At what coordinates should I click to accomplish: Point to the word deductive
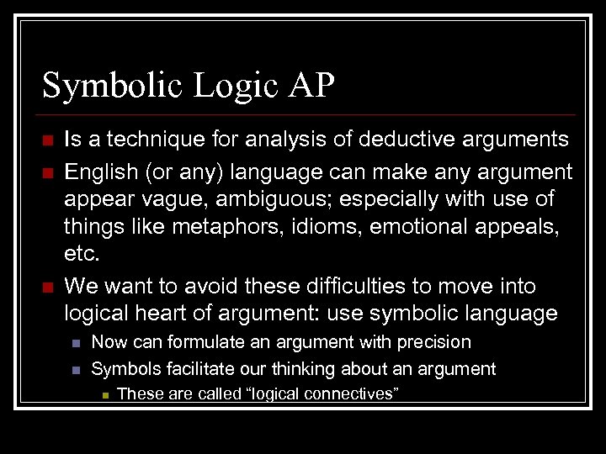pos(418,139)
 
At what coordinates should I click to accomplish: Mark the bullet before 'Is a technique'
pos(47,140)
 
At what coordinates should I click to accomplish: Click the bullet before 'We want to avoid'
pos(47,287)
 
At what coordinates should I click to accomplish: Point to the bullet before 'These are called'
pos(104,393)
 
